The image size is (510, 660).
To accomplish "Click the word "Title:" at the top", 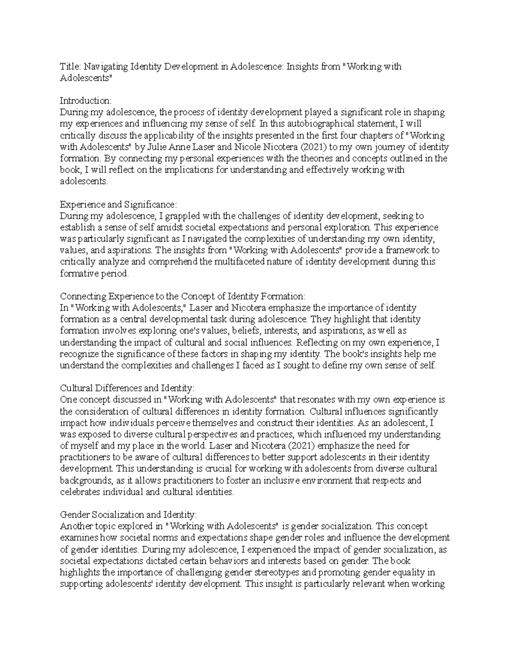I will tap(70, 67).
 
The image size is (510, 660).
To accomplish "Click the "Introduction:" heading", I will tap(85, 101).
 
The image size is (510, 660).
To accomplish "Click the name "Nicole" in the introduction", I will tap(248, 147).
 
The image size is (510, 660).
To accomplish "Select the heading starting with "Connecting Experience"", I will tap(183, 296).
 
